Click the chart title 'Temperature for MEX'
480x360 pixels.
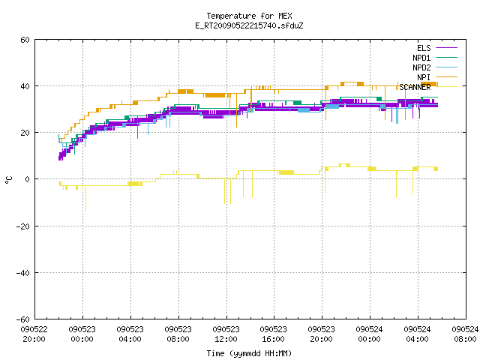pos(249,16)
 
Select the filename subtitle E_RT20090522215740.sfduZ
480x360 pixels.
pos(249,25)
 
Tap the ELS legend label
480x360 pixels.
pos(424,48)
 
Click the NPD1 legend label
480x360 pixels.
pos(421,58)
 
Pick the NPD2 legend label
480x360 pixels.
pos(421,67)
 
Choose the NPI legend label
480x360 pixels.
pos(424,77)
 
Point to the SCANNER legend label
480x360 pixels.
pos(415,87)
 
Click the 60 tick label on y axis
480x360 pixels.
pos(25,40)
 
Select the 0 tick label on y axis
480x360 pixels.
pos(27,179)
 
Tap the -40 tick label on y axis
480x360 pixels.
pos(23,273)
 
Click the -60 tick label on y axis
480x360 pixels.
pos(23,319)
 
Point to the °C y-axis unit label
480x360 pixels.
pos(8,180)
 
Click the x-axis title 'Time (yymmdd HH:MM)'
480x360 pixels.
pos(249,353)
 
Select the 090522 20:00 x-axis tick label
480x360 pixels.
pos(34,334)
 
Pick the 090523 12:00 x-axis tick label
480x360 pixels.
pos(226,334)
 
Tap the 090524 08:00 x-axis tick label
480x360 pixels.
pos(465,334)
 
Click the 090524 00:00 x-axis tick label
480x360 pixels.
pos(370,334)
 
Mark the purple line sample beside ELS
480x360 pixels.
pos(446,48)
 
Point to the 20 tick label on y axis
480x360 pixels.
pos(25,133)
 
